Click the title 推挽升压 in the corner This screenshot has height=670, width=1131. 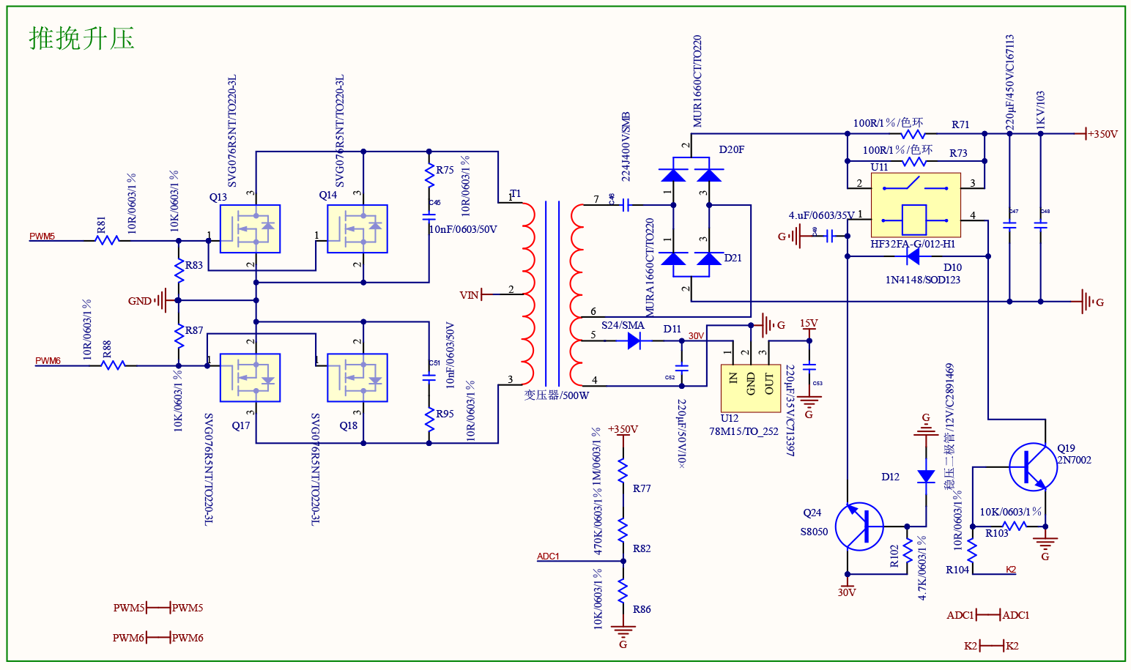(81, 38)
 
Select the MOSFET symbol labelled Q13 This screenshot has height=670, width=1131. (250, 228)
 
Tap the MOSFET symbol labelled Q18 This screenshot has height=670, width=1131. (357, 378)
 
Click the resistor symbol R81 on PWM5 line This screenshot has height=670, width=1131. (107, 239)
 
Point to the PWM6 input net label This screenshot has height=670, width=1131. (48, 361)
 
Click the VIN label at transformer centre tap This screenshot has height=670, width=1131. (469, 295)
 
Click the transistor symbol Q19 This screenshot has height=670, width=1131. (1033, 466)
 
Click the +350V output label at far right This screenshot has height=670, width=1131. (1102, 134)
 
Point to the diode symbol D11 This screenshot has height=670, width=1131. (635, 340)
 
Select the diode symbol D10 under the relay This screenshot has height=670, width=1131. (913, 256)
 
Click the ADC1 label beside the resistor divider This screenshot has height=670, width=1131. (548, 557)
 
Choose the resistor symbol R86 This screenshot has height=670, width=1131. (623, 590)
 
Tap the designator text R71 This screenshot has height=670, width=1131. (960, 124)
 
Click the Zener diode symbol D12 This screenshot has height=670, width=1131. (926, 477)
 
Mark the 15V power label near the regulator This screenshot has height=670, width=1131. (809, 323)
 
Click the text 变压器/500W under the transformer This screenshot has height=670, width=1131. (556, 395)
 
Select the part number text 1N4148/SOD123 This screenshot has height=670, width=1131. (922, 280)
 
